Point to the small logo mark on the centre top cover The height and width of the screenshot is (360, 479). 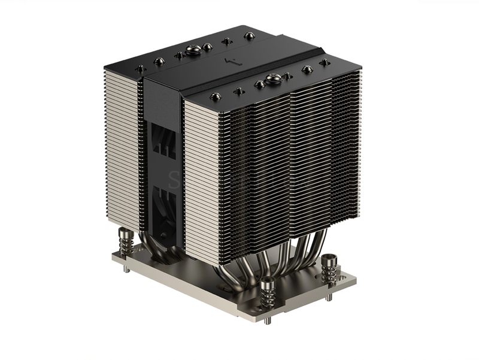(226, 61)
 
